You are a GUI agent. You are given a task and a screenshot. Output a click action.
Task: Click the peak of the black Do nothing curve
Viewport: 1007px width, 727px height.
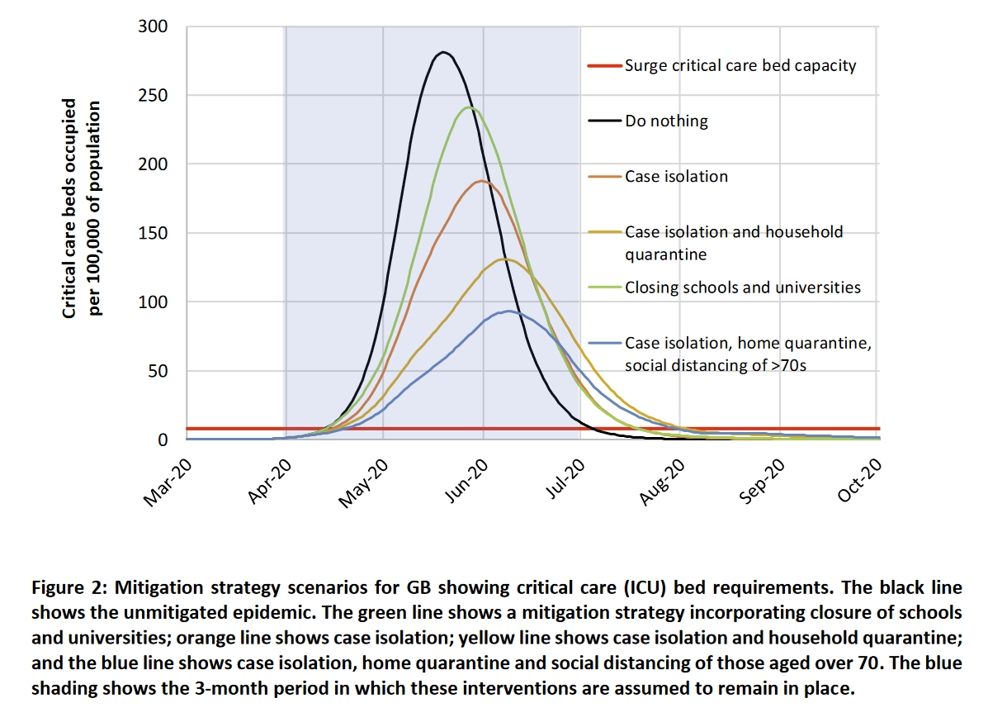tap(444, 53)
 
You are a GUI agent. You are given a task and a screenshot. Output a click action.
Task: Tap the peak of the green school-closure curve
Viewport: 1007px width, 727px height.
tap(469, 107)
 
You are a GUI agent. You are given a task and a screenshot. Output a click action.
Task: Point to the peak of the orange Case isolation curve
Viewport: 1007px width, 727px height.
tap(481, 181)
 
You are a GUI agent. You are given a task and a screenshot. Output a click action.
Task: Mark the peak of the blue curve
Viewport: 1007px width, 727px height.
tap(507, 311)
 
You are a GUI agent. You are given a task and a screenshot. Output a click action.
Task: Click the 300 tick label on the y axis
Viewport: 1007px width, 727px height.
tap(153, 27)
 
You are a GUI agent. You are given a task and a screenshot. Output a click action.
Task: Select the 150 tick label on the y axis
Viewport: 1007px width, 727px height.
tap(153, 234)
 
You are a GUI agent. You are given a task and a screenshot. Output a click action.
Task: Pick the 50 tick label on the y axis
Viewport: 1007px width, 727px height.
tap(157, 371)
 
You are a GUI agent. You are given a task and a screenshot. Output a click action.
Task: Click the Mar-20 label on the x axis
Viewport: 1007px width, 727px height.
tap(168, 483)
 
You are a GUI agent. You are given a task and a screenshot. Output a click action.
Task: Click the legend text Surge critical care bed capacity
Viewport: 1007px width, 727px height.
tap(740, 65)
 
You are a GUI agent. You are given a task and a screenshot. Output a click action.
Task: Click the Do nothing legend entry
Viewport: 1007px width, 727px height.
tap(666, 121)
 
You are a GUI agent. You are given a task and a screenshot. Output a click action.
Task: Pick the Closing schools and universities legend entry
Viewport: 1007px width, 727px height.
tap(743, 287)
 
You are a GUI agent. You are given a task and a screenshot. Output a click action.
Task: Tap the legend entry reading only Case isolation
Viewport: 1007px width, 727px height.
tap(676, 176)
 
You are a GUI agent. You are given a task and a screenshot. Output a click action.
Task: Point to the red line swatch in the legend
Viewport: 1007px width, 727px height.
tap(605, 66)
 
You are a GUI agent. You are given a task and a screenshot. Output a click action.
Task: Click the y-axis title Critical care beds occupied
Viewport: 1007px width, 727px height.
tap(71, 208)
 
